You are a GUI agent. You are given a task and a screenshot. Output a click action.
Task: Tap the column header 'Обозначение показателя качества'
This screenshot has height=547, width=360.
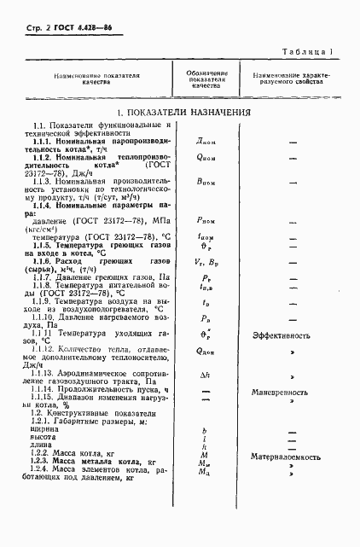click(x=206, y=79)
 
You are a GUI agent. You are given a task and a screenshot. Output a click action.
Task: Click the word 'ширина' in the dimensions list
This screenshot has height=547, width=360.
click(x=36, y=430)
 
